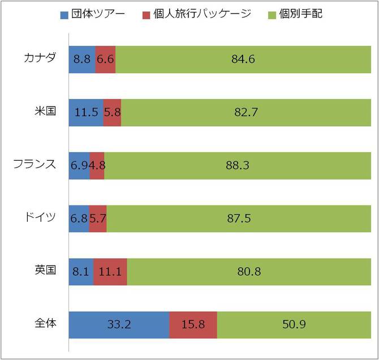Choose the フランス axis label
coord(35,165)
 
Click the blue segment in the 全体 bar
coord(119,324)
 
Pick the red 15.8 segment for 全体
coord(193,324)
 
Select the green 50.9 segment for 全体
coord(294,324)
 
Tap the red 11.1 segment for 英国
coord(110,271)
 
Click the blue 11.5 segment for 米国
coord(85,112)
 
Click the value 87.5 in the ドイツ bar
coord(239,218)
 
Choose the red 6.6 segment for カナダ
coord(105,59)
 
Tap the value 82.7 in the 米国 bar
coord(246,112)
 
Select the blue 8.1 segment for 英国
coord(81,271)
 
